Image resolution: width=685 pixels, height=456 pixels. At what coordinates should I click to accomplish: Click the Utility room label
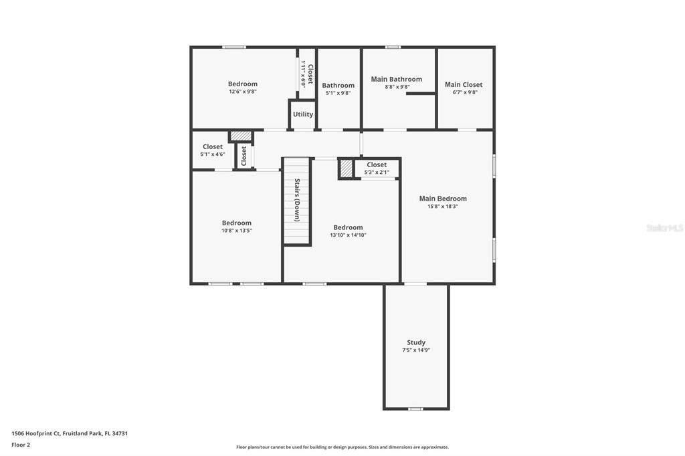point(303,114)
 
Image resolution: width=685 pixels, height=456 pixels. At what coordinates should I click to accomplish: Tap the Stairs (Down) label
point(297,200)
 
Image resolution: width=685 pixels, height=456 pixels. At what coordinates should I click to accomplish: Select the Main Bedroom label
point(443,199)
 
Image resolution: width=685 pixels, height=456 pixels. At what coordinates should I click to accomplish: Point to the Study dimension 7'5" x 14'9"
point(416,350)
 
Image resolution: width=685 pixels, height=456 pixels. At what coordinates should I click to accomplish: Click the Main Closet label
point(464,85)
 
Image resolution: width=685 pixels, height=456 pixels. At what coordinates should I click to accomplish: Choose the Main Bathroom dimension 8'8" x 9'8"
point(397,87)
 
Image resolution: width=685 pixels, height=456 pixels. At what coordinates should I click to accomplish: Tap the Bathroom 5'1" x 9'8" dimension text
point(338,92)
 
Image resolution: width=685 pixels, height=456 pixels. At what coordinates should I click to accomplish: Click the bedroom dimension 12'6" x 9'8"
point(243,92)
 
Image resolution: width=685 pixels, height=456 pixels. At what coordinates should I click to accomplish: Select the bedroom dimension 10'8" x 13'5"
point(236,231)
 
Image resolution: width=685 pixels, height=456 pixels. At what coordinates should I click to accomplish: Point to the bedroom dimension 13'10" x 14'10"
point(348,235)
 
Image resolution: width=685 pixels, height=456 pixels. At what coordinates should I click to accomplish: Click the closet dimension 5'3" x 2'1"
point(377,173)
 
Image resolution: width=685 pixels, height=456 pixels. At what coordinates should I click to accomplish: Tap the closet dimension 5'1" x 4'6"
point(213,154)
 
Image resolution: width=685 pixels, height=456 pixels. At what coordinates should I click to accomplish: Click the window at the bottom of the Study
point(415,409)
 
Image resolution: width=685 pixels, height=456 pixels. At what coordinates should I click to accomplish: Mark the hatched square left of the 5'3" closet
point(346,169)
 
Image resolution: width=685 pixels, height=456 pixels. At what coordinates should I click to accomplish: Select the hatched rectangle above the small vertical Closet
point(241,136)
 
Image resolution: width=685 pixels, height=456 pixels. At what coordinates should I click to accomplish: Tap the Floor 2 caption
point(21,445)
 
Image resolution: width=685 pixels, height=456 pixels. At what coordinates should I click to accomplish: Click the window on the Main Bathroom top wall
point(393,47)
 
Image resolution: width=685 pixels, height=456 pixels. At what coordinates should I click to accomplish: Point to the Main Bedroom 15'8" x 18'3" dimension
point(443,207)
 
